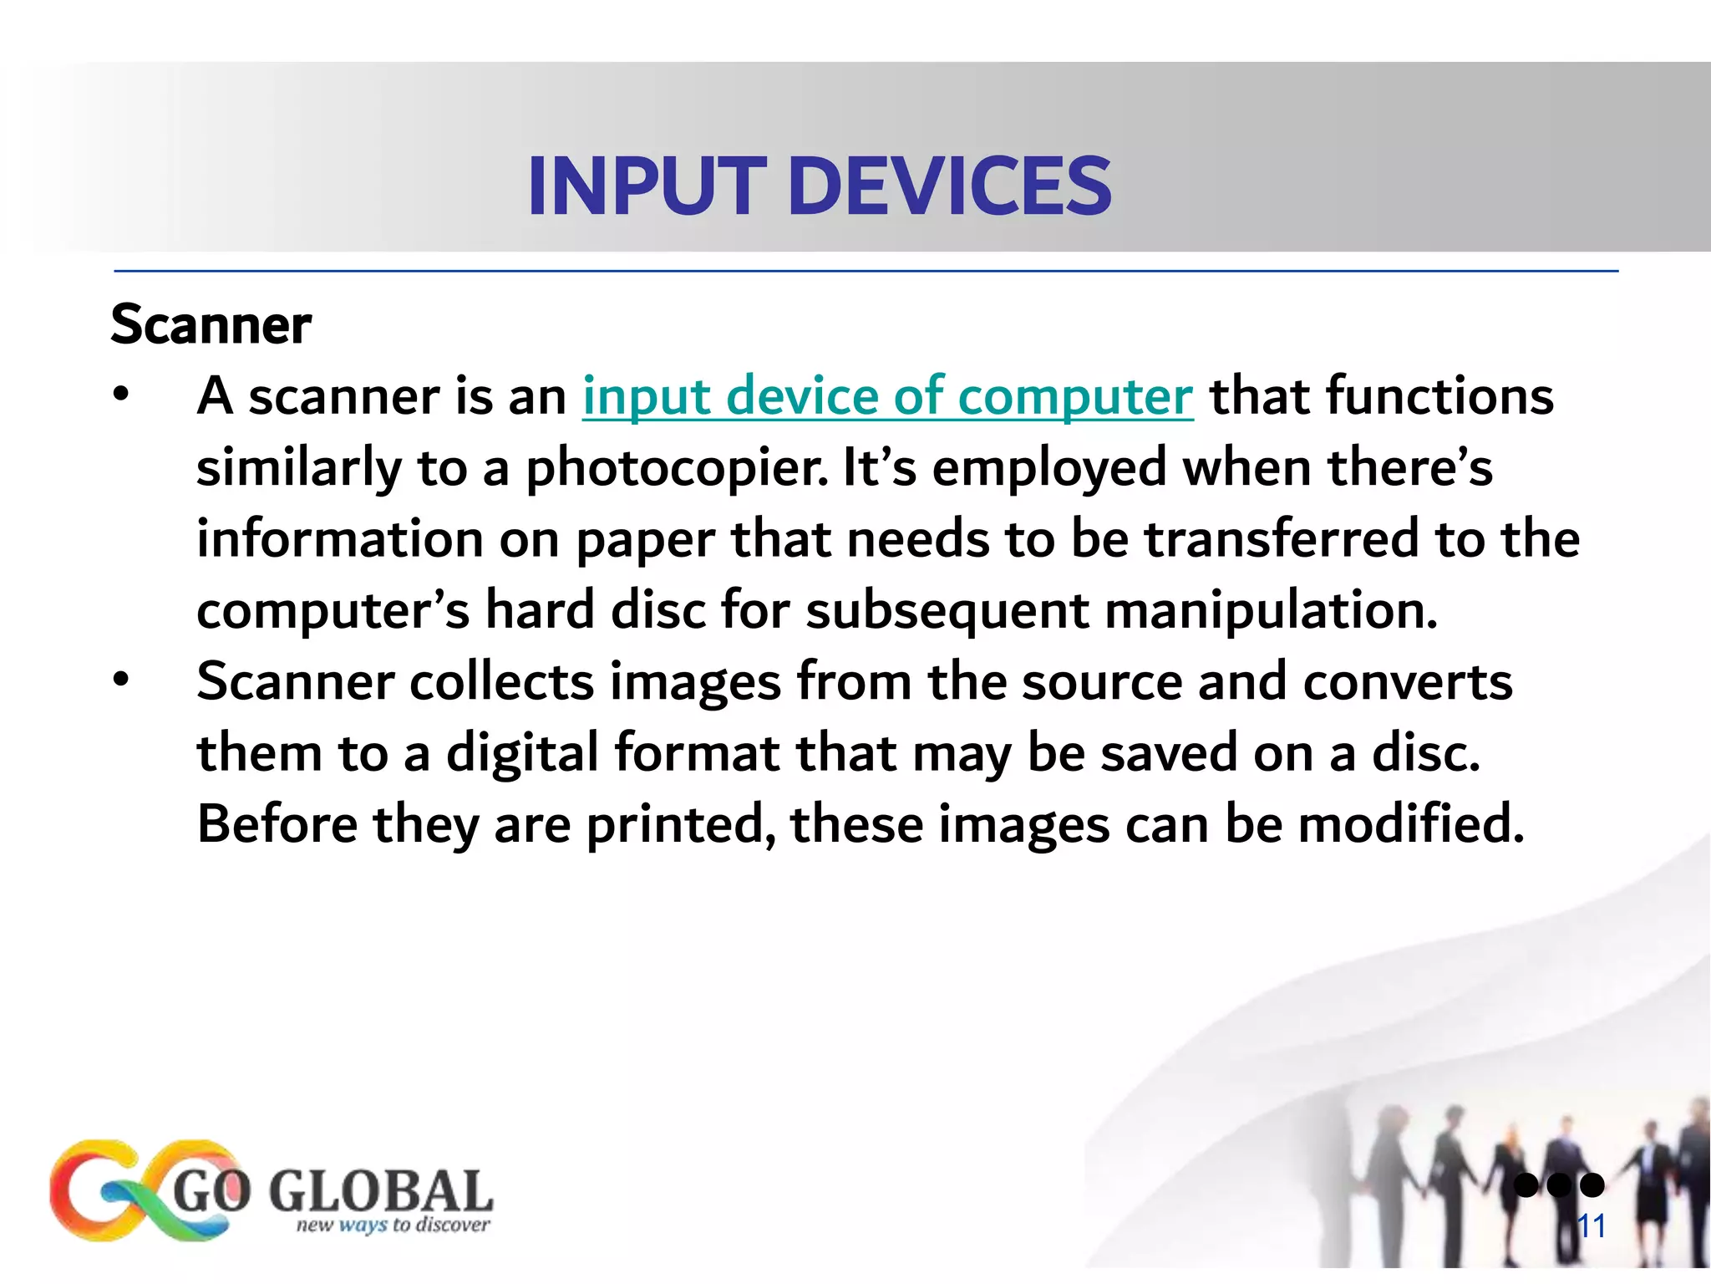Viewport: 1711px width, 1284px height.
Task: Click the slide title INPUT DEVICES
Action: click(x=819, y=186)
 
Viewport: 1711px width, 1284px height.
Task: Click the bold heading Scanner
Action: click(x=211, y=324)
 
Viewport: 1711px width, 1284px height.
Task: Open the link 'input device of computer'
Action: click(x=887, y=395)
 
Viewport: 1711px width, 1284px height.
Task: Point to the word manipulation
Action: click(x=1271, y=610)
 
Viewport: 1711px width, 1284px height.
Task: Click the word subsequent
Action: click(x=947, y=610)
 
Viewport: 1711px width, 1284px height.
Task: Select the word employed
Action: click(x=1048, y=467)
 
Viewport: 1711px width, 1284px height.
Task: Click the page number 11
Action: click(x=1591, y=1226)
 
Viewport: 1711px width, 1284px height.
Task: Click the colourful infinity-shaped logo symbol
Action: click(x=142, y=1190)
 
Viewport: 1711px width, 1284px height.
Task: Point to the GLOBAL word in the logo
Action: click(x=380, y=1190)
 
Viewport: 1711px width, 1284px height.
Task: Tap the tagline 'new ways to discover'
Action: click(x=393, y=1225)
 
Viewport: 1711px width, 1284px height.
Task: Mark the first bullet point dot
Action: click(x=122, y=394)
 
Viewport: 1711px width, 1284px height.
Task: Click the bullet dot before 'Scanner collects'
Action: click(x=122, y=680)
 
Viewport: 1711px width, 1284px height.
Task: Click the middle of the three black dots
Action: click(x=1559, y=1185)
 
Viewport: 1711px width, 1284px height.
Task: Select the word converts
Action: click(x=1407, y=681)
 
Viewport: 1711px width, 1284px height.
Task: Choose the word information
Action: click(x=340, y=538)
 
